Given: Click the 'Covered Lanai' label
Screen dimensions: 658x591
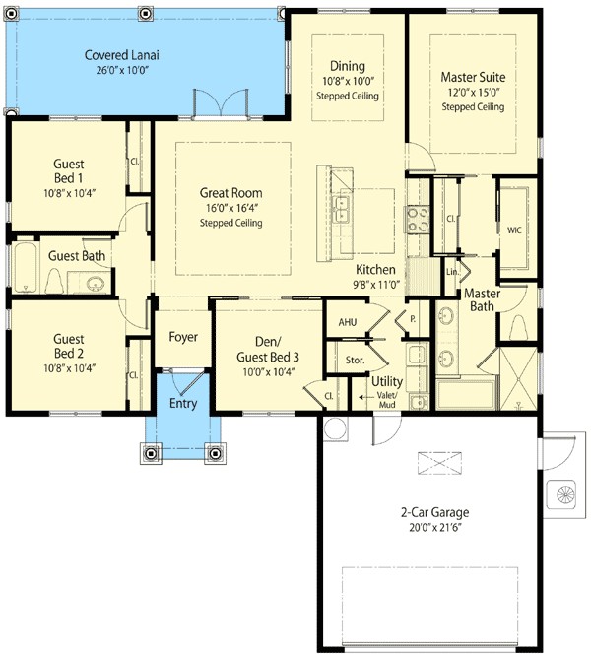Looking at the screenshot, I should click(121, 55).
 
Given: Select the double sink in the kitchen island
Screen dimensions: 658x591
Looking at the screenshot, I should click(342, 209).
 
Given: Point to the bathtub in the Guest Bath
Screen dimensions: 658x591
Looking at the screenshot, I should click(24, 267).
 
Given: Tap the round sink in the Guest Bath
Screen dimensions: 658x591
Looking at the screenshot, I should click(96, 285).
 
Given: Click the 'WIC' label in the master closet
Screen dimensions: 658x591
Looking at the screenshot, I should click(513, 230).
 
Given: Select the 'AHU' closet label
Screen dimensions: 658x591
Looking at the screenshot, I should click(348, 322).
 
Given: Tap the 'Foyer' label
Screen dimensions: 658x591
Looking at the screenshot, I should click(183, 337).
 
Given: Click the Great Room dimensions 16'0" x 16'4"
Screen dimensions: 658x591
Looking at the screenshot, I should click(231, 208).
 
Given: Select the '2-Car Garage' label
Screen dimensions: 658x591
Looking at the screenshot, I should click(434, 512).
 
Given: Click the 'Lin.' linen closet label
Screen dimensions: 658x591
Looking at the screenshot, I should click(452, 272).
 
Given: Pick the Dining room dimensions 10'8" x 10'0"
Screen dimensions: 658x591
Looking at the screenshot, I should click(347, 81).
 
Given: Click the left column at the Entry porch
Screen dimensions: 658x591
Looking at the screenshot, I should click(151, 453).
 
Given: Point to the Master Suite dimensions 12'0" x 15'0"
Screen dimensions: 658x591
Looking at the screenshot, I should click(472, 91).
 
